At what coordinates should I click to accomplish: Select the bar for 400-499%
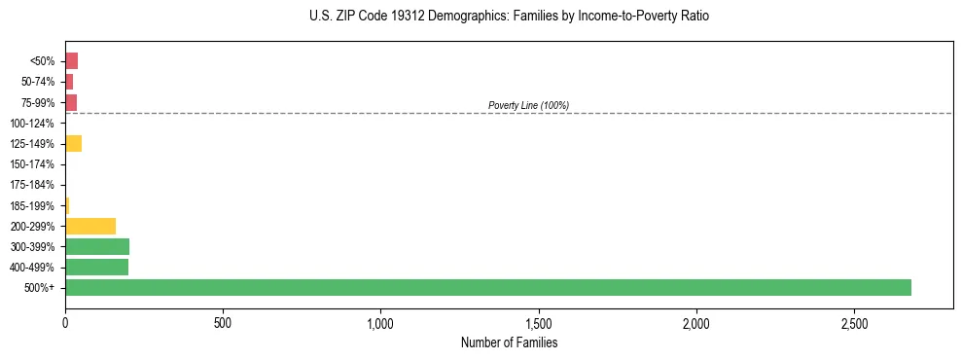pyautogui.click(x=96, y=267)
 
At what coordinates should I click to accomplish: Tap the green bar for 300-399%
pyautogui.click(x=97, y=246)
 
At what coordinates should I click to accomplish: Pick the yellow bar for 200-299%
pyautogui.click(x=90, y=226)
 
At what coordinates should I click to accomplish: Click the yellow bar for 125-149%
pyautogui.click(x=73, y=143)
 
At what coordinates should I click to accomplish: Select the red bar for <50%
pyautogui.click(x=71, y=60)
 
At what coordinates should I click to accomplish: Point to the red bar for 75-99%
pyautogui.click(x=71, y=102)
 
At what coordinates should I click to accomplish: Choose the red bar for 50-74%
pyautogui.click(x=69, y=82)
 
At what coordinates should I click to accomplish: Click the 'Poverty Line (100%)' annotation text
pyautogui.click(x=528, y=105)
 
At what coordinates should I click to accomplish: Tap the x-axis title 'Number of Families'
pyautogui.click(x=509, y=342)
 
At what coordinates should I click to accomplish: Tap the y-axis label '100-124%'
pyautogui.click(x=32, y=123)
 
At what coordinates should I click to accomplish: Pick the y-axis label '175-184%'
pyautogui.click(x=32, y=185)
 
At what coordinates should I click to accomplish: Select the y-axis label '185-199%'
pyautogui.click(x=32, y=205)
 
